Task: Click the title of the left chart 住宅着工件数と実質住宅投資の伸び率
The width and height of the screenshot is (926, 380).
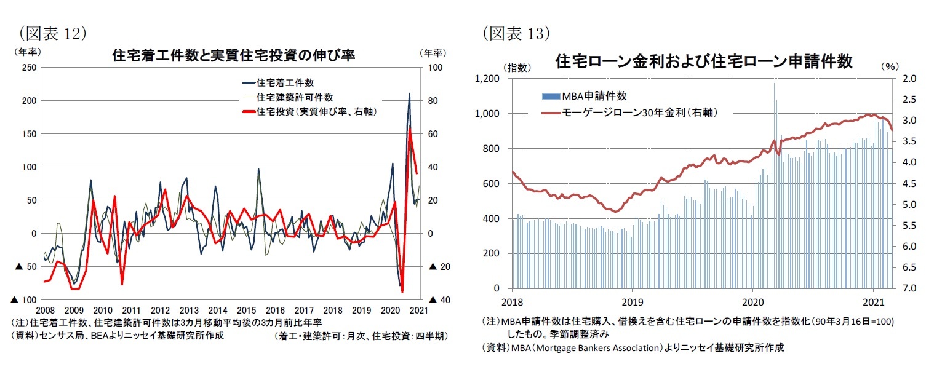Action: click(233, 55)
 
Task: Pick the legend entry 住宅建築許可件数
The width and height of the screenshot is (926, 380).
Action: click(294, 97)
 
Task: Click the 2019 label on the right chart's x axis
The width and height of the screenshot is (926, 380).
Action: click(633, 303)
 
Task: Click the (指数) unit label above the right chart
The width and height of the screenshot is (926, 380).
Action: click(516, 67)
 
